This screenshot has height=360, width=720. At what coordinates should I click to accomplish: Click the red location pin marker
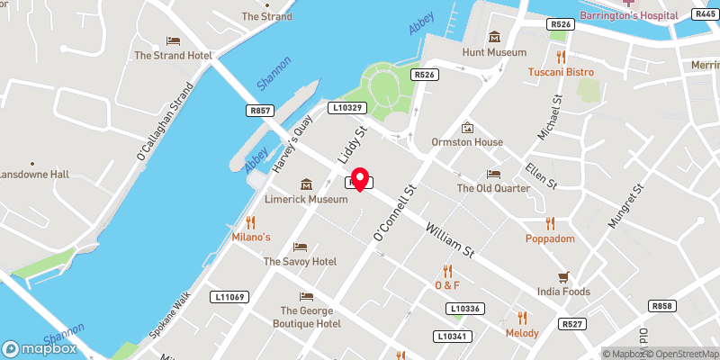(360, 178)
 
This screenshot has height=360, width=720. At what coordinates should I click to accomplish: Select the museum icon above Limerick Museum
(307, 184)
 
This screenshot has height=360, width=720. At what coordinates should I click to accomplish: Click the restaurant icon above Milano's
(251, 221)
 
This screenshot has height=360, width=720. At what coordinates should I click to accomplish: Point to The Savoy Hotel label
(300, 262)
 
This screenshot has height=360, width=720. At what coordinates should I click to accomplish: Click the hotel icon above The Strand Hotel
(173, 40)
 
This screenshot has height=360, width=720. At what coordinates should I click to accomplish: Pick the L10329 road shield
(346, 107)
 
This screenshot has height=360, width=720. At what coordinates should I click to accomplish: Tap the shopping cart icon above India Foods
(564, 276)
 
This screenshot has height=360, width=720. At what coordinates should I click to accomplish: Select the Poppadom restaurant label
(549, 239)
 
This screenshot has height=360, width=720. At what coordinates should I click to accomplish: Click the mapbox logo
(38, 348)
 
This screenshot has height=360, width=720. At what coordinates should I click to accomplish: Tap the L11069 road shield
(229, 296)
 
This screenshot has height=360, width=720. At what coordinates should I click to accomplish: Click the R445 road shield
(704, 13)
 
